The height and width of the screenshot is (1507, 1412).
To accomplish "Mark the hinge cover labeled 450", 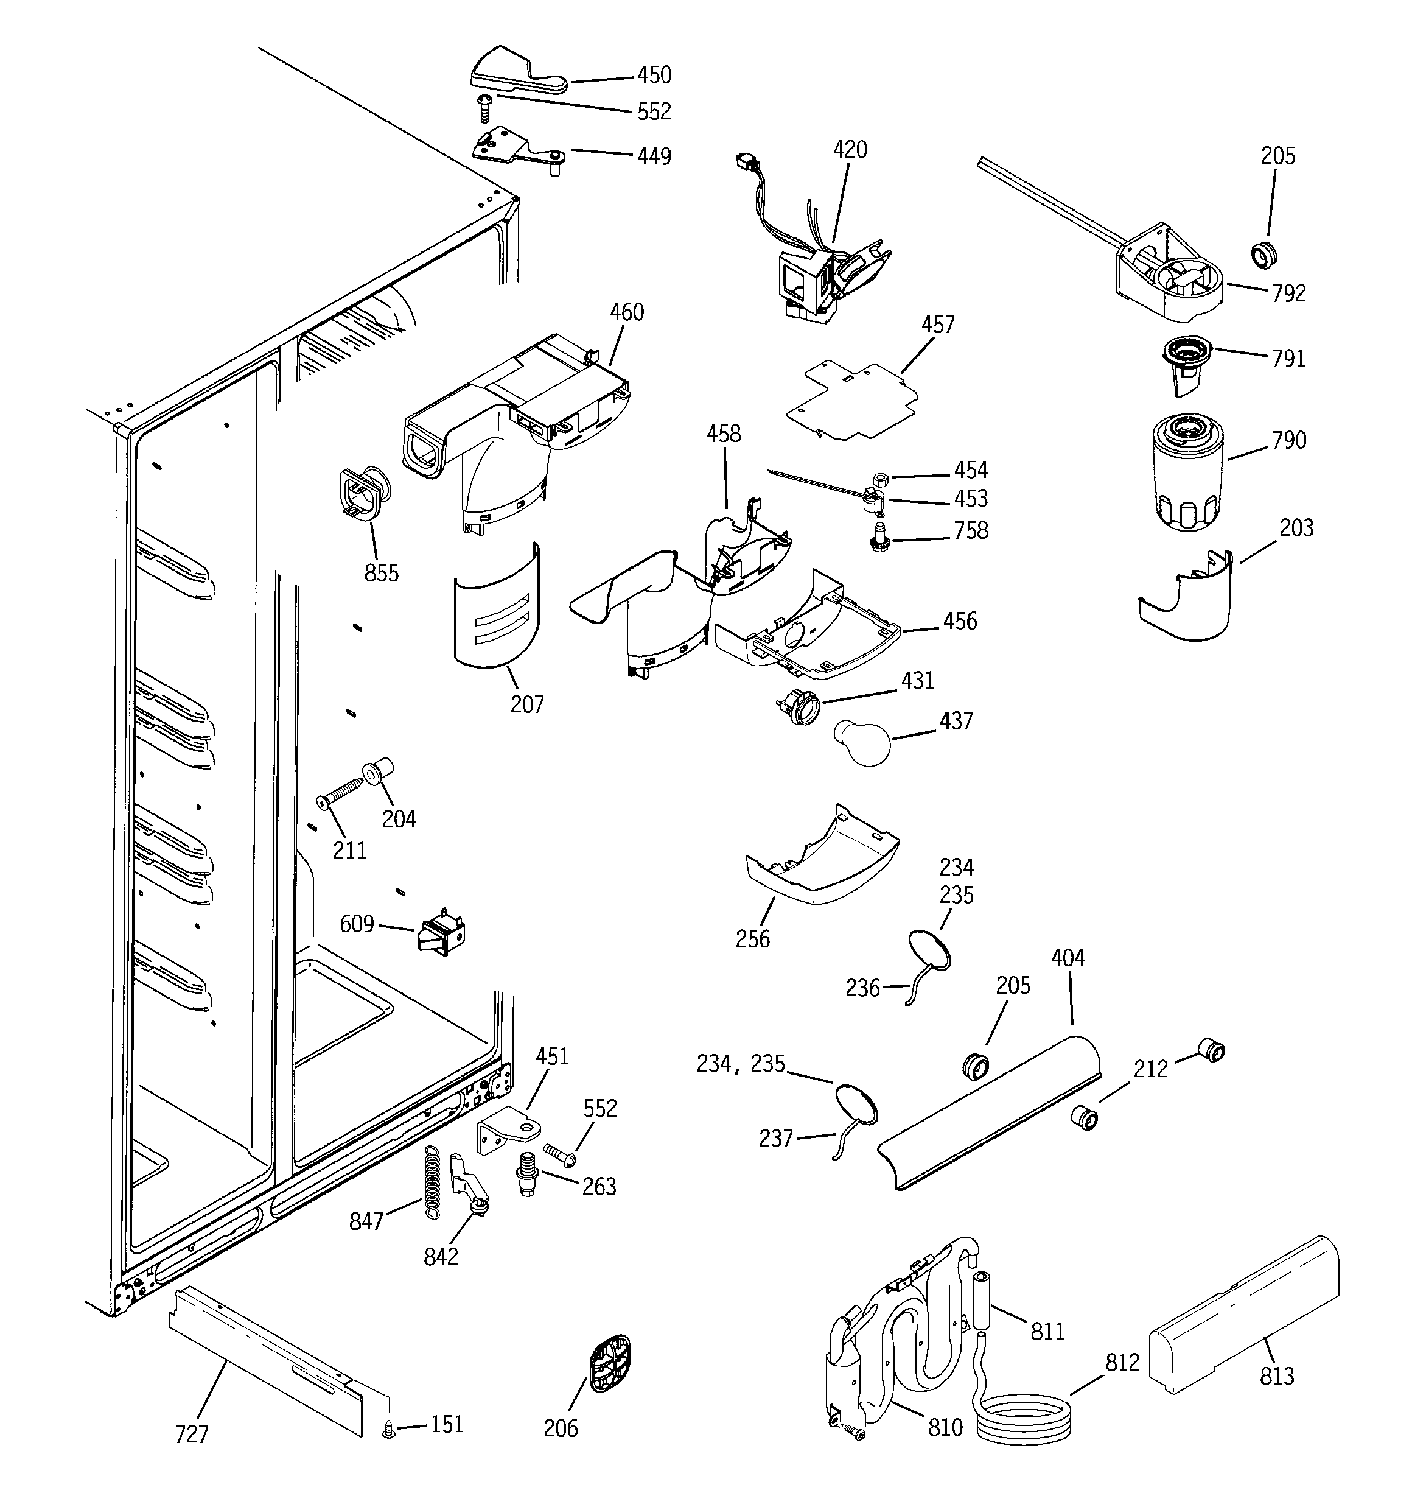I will [516, 73].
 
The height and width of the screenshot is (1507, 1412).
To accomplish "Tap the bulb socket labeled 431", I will [799, 706].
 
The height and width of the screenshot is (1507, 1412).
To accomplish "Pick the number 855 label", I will [381, 573].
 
